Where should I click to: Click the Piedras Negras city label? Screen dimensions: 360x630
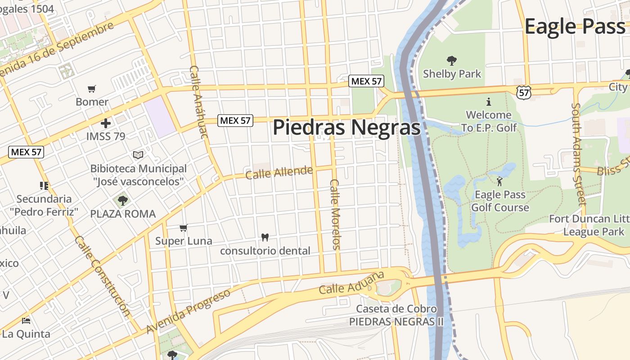[346, 127]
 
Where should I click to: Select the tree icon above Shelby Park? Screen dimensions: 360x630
[451, 61]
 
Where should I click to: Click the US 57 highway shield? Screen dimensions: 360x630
[524, 93]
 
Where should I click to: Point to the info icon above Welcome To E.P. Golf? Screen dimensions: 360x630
[489, 102]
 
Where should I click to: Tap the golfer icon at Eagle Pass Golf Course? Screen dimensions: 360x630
[499, 182]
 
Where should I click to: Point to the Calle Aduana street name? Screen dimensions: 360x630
[352, 283]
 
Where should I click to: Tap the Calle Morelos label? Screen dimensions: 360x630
[336, 214]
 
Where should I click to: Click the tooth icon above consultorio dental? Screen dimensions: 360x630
[265, 237]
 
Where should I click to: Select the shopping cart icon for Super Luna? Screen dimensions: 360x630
[183, 228]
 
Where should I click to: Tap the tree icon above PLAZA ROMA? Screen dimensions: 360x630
[122, 200]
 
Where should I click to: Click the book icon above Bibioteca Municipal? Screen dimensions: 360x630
[138, 155]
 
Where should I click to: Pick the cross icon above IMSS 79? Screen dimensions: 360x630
[106, 123]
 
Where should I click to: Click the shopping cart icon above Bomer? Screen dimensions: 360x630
[92, 89]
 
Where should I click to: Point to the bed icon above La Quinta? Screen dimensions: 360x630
[26, 321]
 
